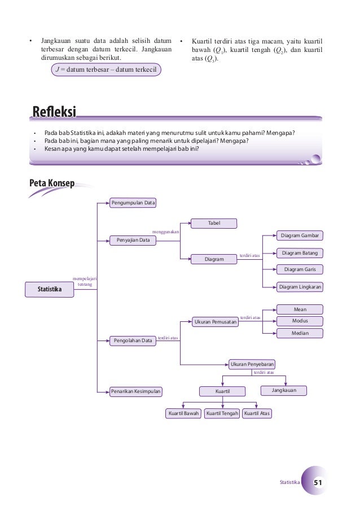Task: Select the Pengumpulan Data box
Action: coord(133,202)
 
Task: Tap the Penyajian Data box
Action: coord(133,240)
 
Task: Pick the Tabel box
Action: coord(214,223)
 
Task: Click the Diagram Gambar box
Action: coord(300,235)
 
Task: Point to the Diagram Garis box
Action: coord(300,269)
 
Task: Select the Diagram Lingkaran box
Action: coord(300,287)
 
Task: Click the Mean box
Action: coord(300,309)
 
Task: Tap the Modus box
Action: coord(300,321)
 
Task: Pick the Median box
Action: coord(300,333)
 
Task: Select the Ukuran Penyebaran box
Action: coord(252,364)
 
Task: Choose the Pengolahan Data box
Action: coord(133,341)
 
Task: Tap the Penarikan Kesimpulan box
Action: coord(136,391)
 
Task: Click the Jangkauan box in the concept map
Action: coord(285,390)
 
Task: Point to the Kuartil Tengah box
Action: coord(222,413)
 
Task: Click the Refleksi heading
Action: coord(54,112)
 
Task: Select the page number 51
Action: coord(318,483)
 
